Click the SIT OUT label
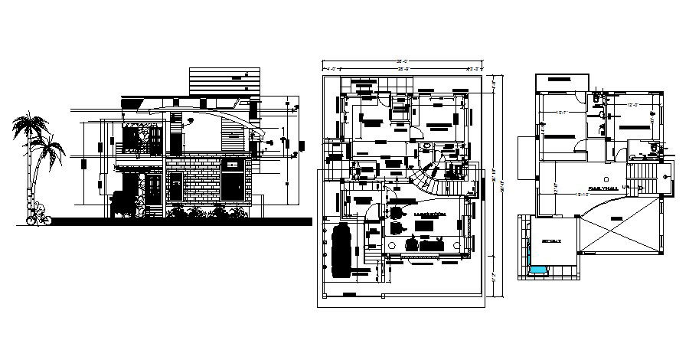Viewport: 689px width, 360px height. [x=552, y=240]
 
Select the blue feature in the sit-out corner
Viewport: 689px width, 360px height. [x=539, y=270]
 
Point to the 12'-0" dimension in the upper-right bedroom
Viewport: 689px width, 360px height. [x=632, y=105]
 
